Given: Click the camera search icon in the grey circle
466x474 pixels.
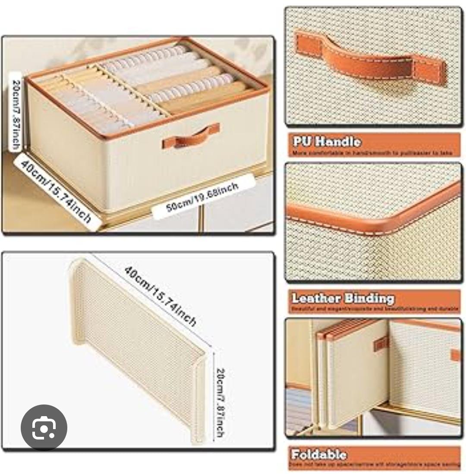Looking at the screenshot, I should [x=44, y=427].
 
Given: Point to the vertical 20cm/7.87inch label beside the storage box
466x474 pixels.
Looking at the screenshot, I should [x=15, y=114].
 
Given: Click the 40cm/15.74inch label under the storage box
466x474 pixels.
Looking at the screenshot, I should [x=55, y=190].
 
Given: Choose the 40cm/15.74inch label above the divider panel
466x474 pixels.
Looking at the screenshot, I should [x=160, y=296].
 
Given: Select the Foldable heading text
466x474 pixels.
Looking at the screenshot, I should [x=319, y=455].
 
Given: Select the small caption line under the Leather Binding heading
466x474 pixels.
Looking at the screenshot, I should [x=373, y=309].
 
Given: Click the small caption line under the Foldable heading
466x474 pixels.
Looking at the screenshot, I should [x=373, y=465].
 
